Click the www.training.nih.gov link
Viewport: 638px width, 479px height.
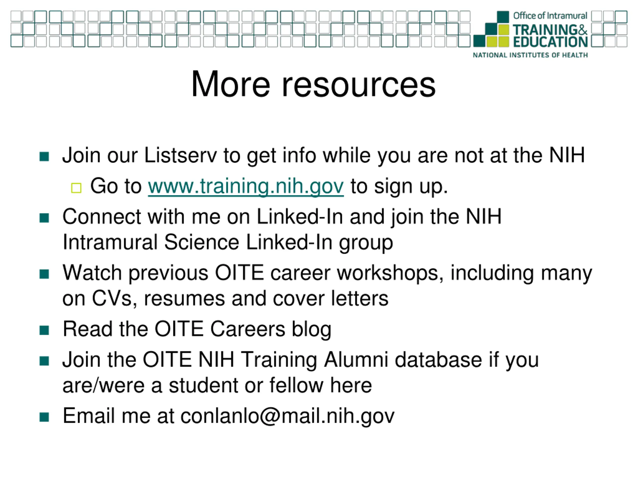(x=246, y=187)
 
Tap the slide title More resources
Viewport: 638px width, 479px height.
(x=313, y=84)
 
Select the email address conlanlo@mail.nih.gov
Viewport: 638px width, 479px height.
(x=287, y=416)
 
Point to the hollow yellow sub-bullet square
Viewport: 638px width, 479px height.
(x=76, y=188)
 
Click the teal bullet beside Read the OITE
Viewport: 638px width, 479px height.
(x=44, y=330)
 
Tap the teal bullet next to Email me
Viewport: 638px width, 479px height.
(x=44, y=417)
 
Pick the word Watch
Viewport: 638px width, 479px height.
(x=92, y=273)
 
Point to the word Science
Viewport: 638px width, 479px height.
(x=202, y=242)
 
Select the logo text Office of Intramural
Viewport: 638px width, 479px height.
(x=550, y=15)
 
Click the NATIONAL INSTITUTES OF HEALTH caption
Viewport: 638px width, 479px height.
(x=530, y=55)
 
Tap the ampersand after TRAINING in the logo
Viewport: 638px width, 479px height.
(x=582, y=30)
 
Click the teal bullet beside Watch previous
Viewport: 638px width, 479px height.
(x=44, y=274)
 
